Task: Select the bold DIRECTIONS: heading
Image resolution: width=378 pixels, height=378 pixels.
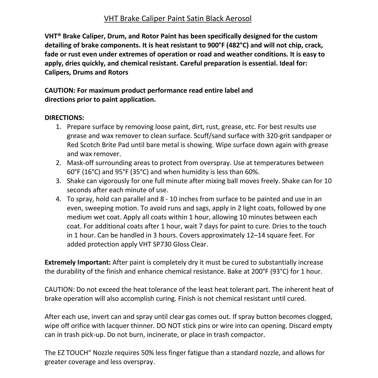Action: (x=64, y=118)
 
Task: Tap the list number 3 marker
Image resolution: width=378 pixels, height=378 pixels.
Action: (x=58, y=181)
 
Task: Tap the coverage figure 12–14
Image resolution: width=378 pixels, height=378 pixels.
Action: (x=254, y=235)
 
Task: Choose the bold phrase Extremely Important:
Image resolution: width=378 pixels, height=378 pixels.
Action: (x=78, y=263)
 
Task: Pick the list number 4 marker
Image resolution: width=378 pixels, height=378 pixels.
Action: (x=58, y=199)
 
